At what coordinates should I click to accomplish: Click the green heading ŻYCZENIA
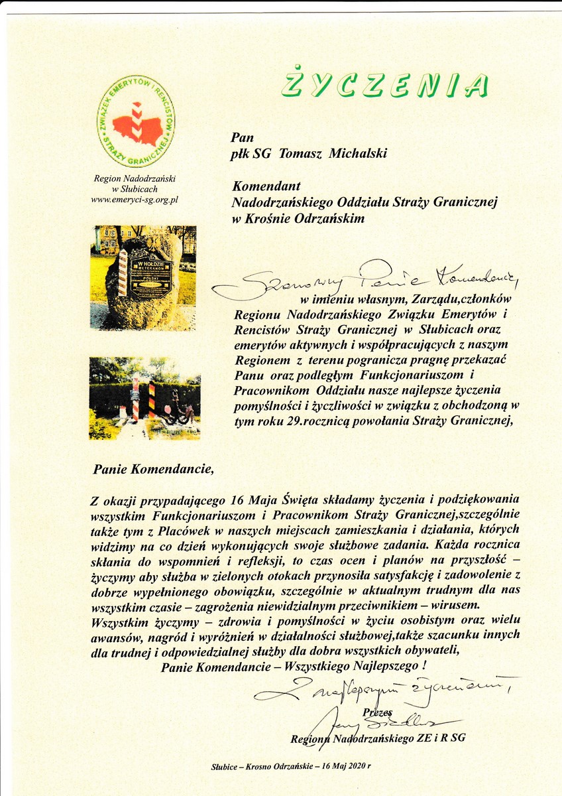pos(384,84)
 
